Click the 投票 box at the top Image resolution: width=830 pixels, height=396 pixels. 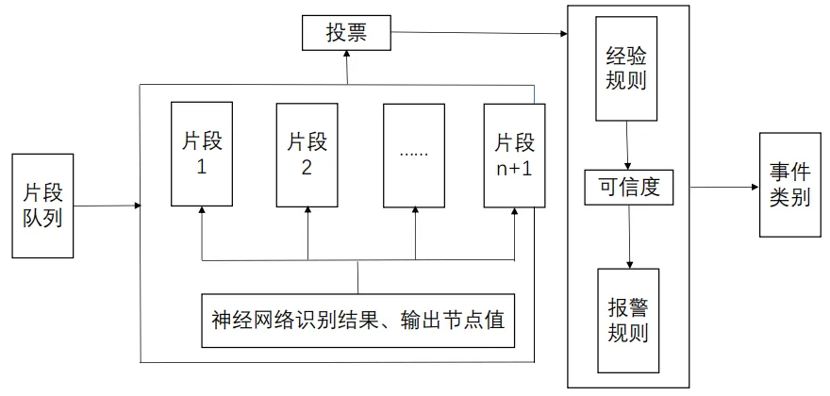pos(345,35)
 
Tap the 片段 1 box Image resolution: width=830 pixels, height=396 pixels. pos(201,155)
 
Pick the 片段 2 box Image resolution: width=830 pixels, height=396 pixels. pos(307,155)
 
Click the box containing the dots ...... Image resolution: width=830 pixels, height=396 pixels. pos(414,155)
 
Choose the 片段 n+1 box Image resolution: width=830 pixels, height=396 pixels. pos(514,155)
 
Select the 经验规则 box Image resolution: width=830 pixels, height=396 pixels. pos(627,68)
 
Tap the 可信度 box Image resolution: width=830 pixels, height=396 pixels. pos(629,187)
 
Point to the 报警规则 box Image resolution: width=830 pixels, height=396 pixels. pos(627,320)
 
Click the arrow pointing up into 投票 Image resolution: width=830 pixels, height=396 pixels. pos(346,66)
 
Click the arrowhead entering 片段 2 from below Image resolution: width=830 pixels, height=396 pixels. pos(307,212)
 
